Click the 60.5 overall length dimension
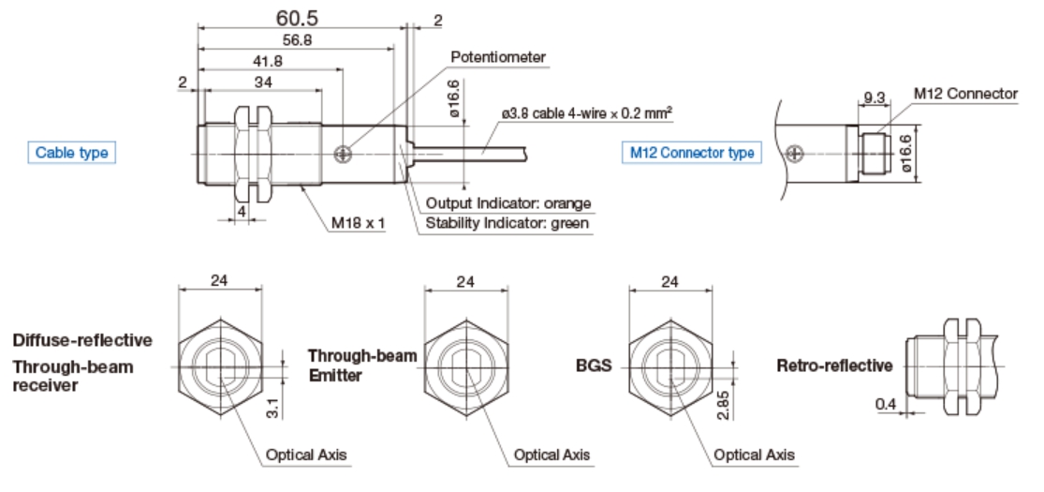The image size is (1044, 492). [299, 18]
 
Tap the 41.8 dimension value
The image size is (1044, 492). [269, 63]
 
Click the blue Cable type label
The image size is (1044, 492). [72, 153]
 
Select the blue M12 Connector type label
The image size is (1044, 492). [691, 153]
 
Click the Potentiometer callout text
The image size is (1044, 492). [498, 57]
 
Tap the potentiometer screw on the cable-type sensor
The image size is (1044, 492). [346, 151]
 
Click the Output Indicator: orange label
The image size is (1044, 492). [508, 203]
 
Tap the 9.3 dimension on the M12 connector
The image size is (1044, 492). [875, 97]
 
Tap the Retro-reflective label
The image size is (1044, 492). [834, 365]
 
